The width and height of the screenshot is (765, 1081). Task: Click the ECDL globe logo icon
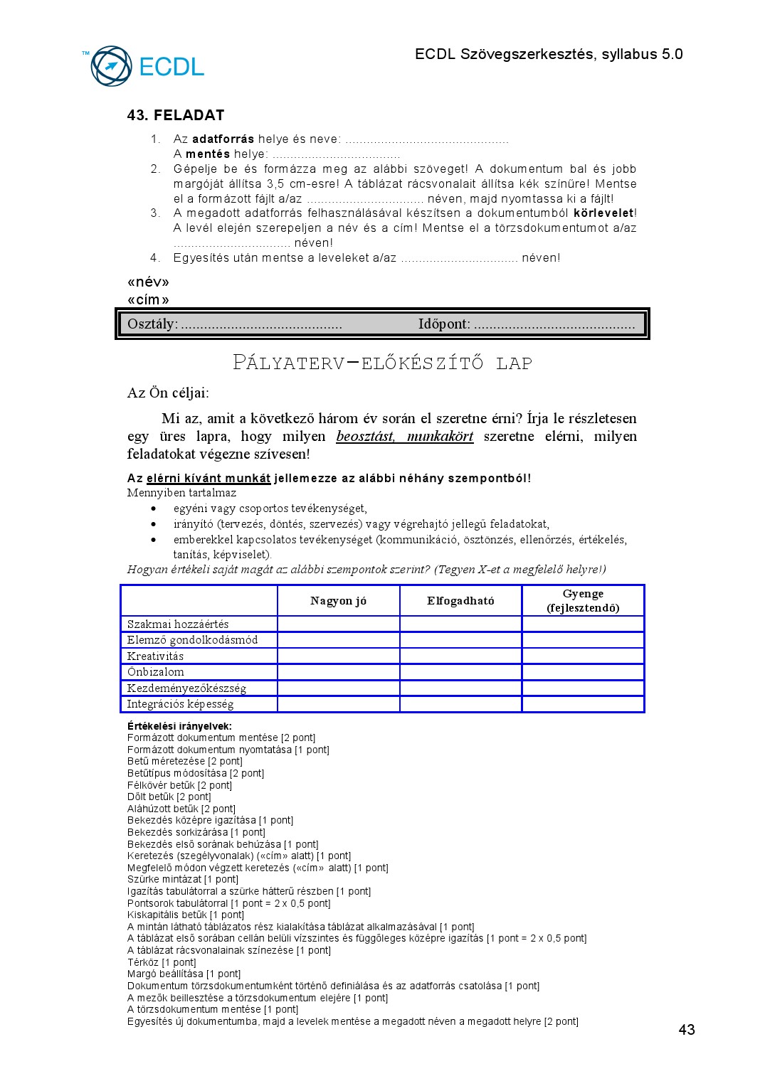tap(111, 66)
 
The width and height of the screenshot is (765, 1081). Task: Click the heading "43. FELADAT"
tap(176, 115)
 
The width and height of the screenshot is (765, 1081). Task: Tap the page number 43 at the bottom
tap(686, 1030)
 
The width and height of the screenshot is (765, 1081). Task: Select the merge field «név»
tap(148, 282)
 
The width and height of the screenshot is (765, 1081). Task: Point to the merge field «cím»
tap(148, 299)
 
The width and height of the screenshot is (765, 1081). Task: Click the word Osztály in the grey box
tap(152, 324)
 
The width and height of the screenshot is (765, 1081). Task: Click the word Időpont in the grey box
tap(443, 324)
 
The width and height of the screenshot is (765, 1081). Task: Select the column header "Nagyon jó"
tap(338, 601)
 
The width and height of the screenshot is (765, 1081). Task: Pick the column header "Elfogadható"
tap(460, 601)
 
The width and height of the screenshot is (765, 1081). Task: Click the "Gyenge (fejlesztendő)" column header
tap(583, 601)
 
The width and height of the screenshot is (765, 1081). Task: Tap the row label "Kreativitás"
tap(155, 656)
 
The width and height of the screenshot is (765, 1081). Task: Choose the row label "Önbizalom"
tap(155, 672)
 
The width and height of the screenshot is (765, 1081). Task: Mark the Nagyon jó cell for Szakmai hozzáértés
tap(338, 624)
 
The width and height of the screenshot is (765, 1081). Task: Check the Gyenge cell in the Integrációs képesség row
tap(583, 704)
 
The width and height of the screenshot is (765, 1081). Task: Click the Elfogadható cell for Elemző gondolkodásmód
tap(460, 640)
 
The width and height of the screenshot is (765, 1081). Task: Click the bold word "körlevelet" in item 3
tap(603, 213)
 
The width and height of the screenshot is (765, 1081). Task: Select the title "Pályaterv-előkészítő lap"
tap(382, 363)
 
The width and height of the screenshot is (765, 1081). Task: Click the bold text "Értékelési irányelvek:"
tap(179, 726)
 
